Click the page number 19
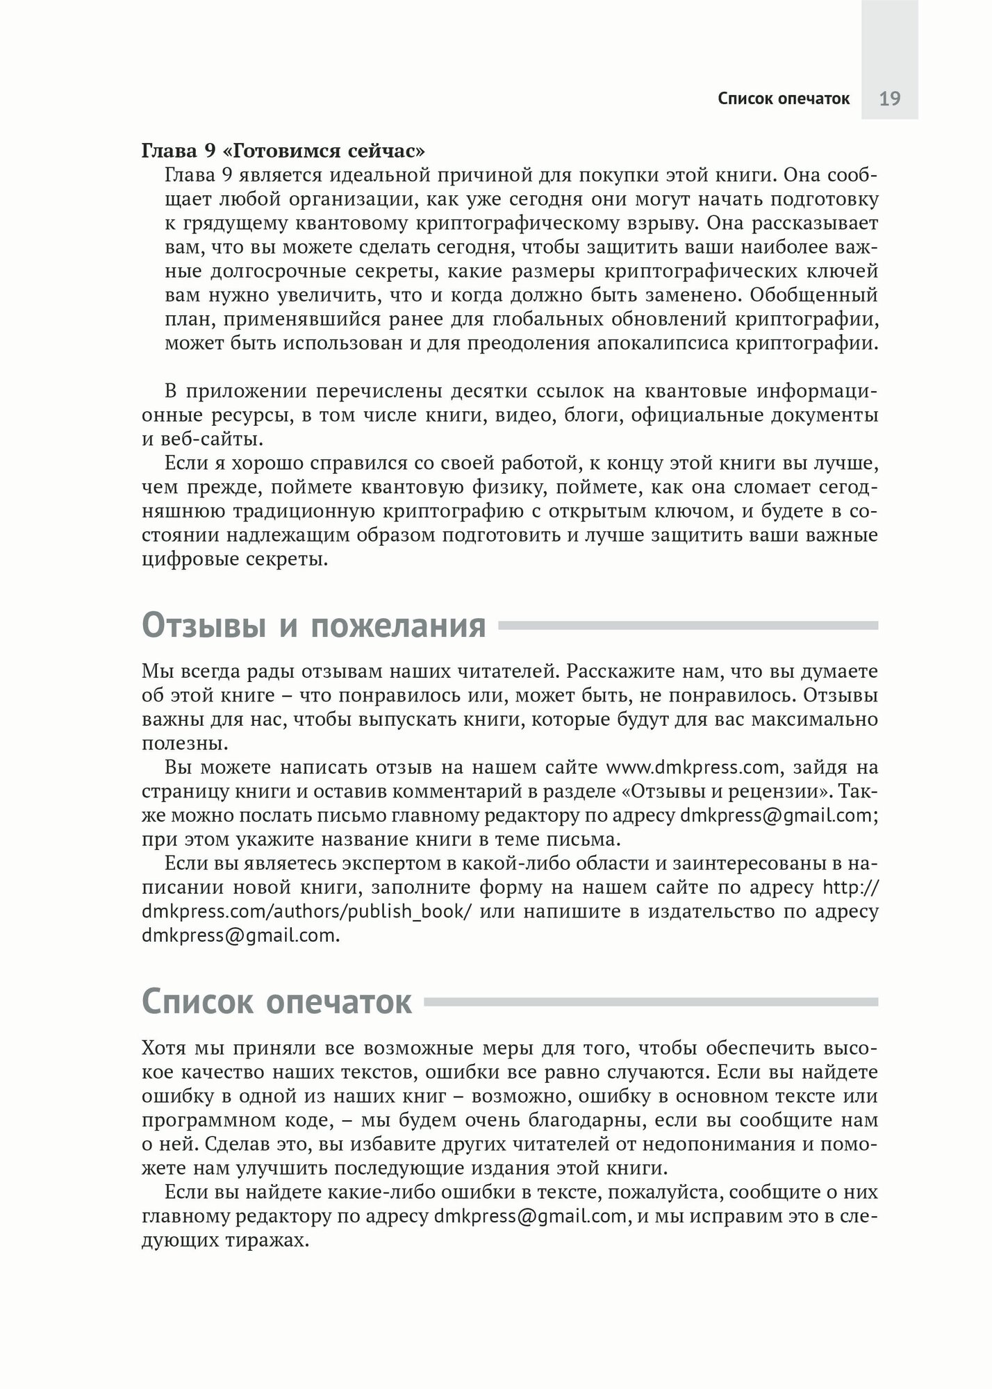889,99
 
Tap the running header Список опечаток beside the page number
784,99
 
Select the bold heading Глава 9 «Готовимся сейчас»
283,151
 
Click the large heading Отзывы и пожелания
314,626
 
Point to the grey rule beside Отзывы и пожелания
688,626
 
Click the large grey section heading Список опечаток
277,1001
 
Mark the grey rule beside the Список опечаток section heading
651,1002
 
